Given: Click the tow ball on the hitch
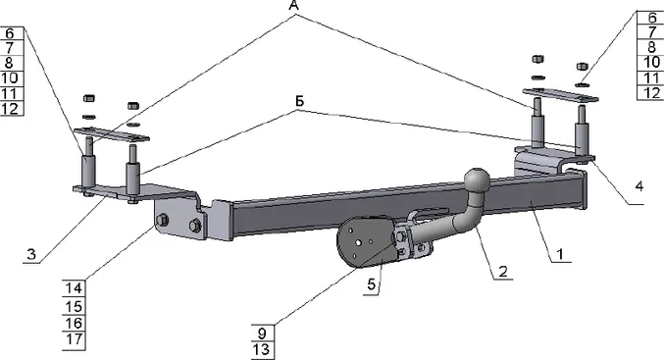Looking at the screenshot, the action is [478, 180].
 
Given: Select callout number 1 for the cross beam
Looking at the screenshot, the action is [560, 254].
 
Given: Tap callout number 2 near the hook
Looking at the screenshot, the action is [502, 271].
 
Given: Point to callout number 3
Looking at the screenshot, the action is [31, 254].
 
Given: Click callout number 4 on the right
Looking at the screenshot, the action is [638, 186].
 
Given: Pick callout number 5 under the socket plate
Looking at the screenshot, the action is [371, 284].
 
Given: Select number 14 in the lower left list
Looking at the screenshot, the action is [74, 288].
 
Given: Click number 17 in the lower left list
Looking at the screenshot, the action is [74, 339].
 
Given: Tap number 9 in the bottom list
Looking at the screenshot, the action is [262, 334].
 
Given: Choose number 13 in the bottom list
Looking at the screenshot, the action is [262, 350].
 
